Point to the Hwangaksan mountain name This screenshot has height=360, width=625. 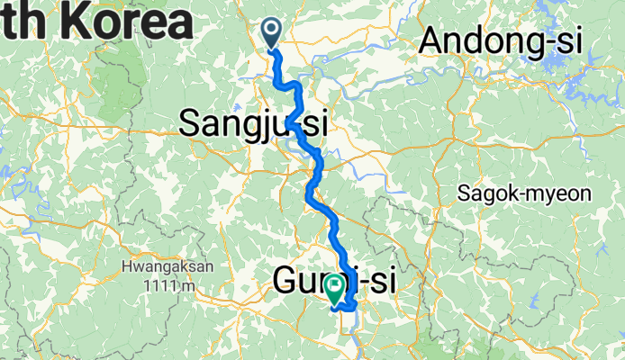[159, 267]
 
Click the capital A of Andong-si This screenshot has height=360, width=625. [433, 40]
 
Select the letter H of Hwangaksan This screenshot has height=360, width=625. [126, 267]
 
